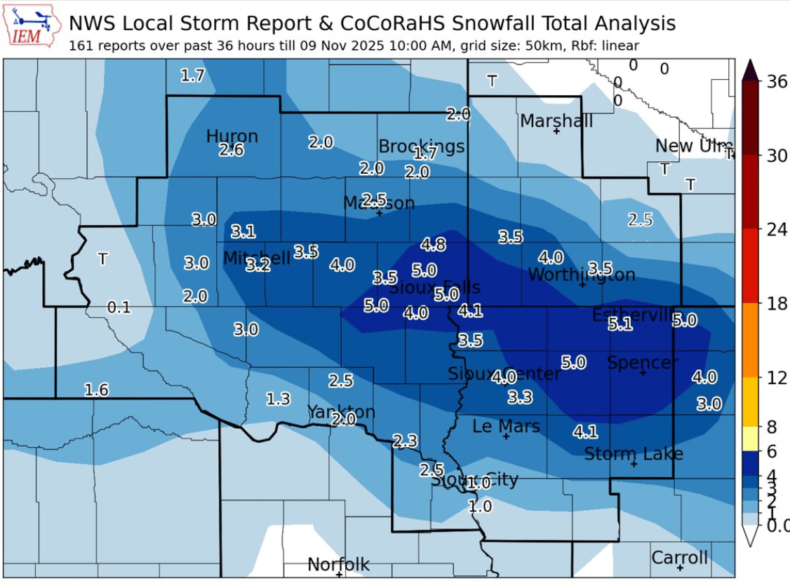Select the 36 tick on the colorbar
(x=777, y=81)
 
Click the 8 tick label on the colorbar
(x=772, y=427)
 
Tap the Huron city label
(x=232, y=137)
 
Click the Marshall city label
(x=556, y=121)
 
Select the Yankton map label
(x=340, y=411)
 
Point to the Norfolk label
(x=338, y=564)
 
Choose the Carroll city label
(x=679, y=558)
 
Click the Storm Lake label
(x=634, y=454)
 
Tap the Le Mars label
(x=506, y=426)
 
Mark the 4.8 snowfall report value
(x=433, y=245)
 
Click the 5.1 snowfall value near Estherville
(x=620, y=324)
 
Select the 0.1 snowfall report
(x=119, y=307)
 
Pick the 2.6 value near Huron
(x=231, y=149)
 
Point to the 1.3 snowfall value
(x=278, y=399)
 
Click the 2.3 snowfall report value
(x=405, y=441)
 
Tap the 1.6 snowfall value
(x=97, y=390)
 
